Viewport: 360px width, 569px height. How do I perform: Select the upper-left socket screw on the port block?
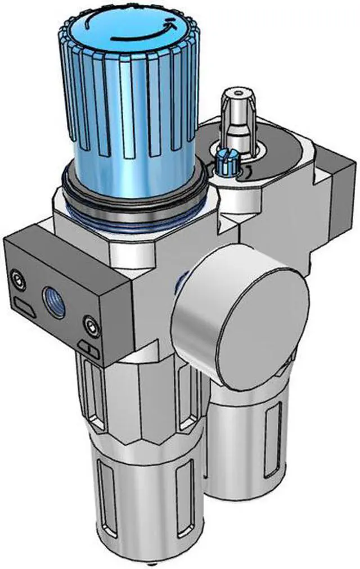pyautogui.click(x=19, y=277)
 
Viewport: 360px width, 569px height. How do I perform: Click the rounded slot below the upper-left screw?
pyautogui.click(x=24, y=307)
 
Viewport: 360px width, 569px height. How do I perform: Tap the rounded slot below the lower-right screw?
pyautogui.click(x=89, y=350)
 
